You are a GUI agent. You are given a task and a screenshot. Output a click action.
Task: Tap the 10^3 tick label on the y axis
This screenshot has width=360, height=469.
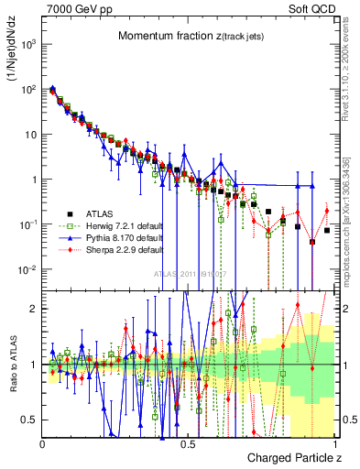(x=27, y=44)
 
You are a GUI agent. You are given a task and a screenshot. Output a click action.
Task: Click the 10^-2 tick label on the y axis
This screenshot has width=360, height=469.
(x=27, y=269)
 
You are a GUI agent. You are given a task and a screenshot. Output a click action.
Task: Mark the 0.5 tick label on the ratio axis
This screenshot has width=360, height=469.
(x=29, y=420)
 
